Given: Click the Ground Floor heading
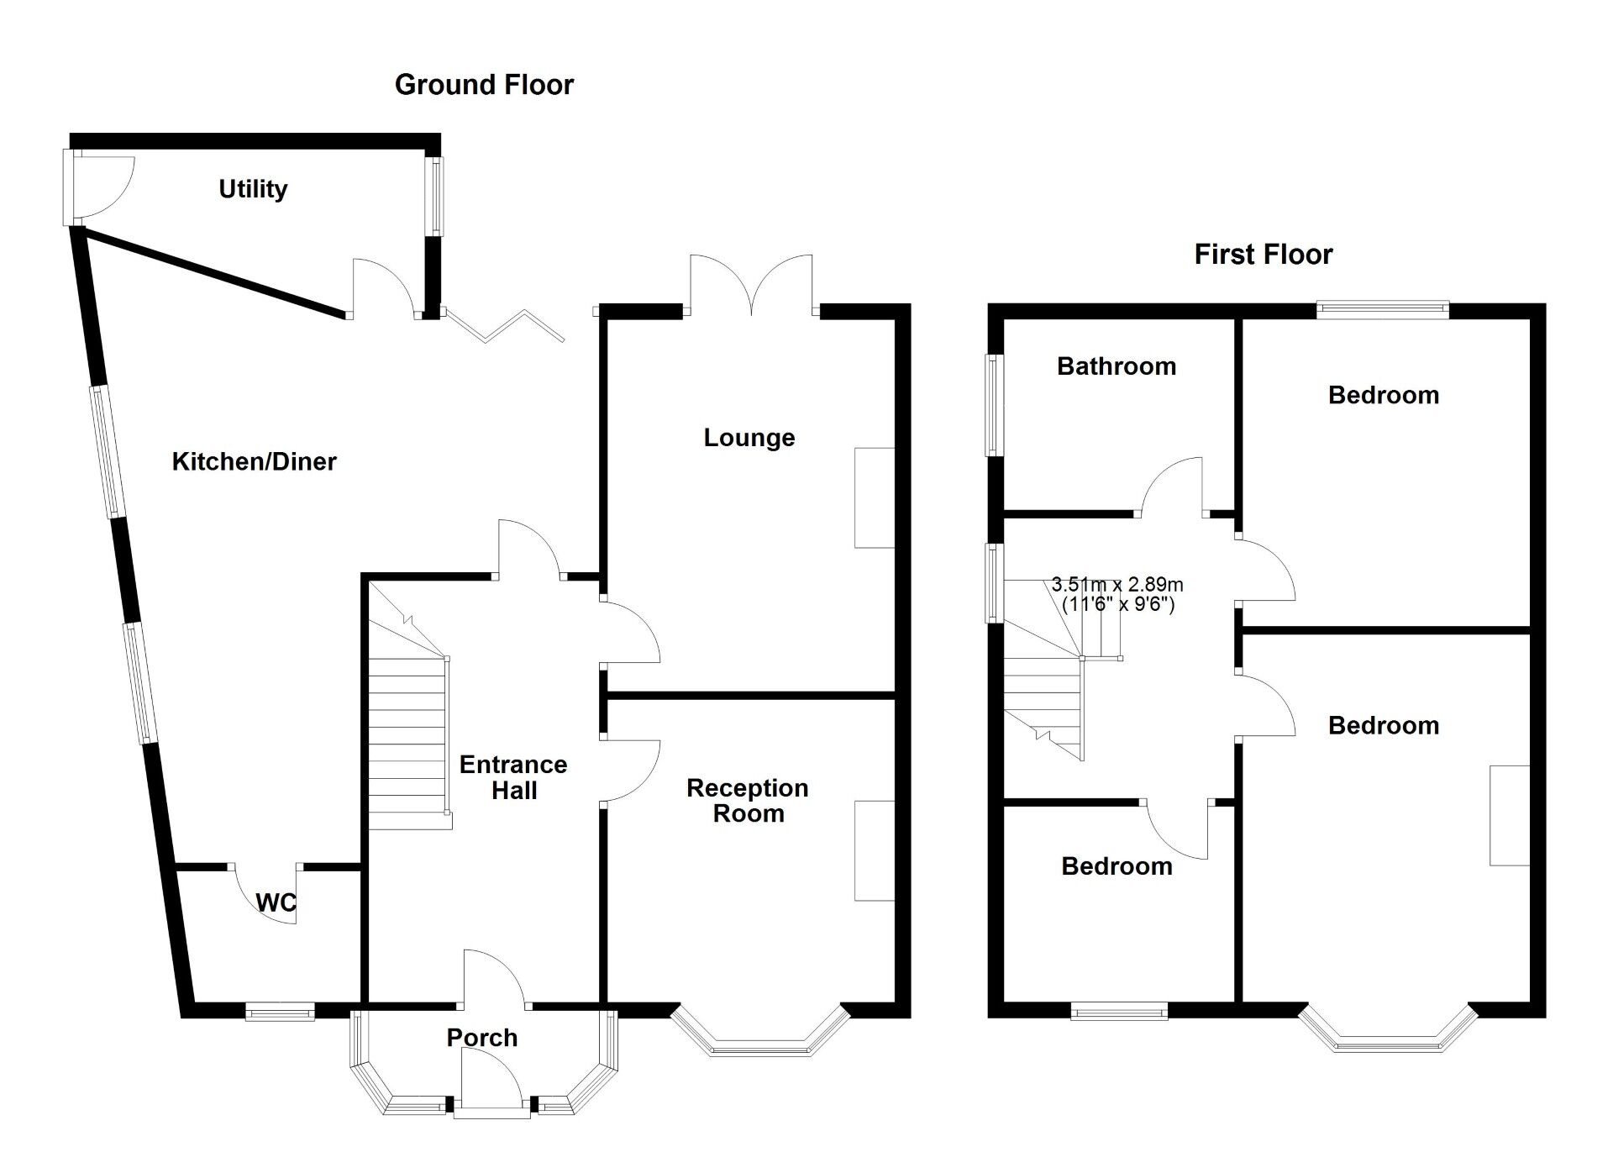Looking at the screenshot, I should point(484,85).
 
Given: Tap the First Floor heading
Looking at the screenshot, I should point(1263,255).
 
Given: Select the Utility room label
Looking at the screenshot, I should point(253,189).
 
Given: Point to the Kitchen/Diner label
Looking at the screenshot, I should point(254,461).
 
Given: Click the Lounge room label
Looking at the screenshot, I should point(749,438).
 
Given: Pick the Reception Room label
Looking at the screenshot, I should point(748,801).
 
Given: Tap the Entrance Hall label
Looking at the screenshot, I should point(513,777).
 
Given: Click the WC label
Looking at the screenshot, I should point(276,902).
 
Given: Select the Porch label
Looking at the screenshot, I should point(481,1038).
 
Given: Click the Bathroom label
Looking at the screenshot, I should point(1116,366).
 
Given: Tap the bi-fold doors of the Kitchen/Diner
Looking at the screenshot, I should point(504,326).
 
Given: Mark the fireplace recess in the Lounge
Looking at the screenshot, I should point(875,498).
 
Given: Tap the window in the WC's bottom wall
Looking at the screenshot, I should point(280,1011).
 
